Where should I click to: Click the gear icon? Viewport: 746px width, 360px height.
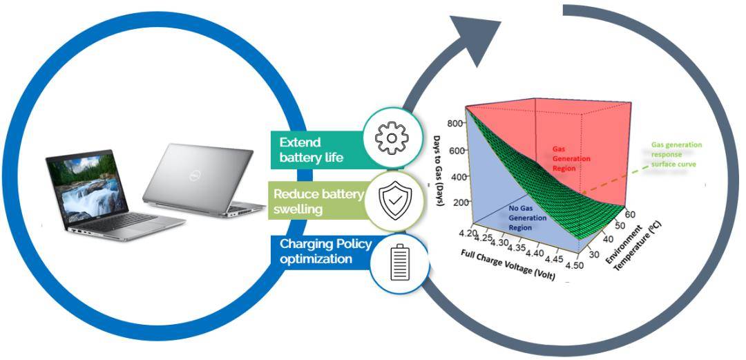tap(392, 138)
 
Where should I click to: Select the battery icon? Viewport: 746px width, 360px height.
tap(399, 265)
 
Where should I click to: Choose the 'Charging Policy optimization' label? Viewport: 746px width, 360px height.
tap(325, 252)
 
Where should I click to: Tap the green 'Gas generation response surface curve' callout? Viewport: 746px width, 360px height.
tap(676, 155)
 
